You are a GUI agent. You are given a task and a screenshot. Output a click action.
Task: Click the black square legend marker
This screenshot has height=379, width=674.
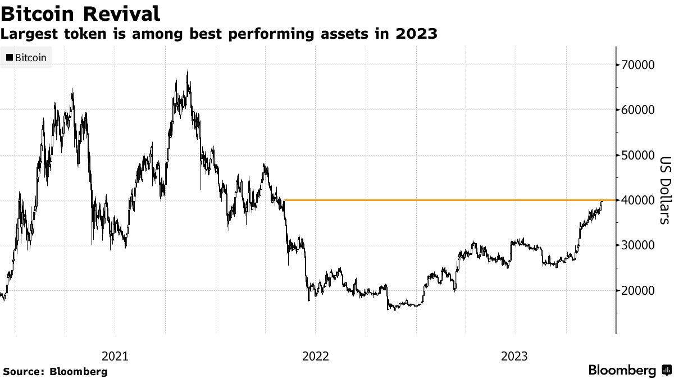point(10,57)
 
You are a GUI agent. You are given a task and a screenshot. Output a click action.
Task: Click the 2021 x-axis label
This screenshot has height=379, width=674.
point(115,356)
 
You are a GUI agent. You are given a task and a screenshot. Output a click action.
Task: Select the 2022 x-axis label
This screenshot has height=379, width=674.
point(315,356)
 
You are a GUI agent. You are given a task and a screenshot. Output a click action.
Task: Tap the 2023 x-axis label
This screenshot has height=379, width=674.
point(514,356)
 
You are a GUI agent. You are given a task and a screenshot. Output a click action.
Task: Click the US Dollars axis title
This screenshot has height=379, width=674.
point(665,189)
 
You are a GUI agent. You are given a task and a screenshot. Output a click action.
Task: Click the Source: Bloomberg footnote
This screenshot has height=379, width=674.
point(54,371)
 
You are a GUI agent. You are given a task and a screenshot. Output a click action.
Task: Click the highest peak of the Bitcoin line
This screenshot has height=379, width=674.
point(188,71)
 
